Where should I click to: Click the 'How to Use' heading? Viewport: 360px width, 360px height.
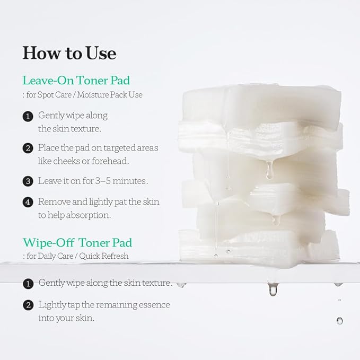coord(69,53)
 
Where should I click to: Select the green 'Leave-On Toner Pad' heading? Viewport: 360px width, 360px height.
coord(76,81)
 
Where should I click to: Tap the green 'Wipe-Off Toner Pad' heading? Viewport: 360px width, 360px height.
coord(77,243)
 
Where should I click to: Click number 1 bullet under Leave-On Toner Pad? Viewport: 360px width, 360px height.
coord(28,116)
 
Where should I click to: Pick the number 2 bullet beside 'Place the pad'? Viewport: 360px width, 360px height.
coord(28,148)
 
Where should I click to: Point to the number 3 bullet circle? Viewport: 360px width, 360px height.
coord(28,181)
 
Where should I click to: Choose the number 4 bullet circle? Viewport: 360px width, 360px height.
coord(28,203)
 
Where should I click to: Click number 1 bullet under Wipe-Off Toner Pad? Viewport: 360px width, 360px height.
coord(28,284)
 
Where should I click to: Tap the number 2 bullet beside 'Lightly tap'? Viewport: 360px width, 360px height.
coord(28,305)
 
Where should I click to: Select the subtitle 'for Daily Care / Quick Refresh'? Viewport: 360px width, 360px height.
coord(77,256)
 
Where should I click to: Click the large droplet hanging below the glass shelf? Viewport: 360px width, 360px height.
coord(273,289)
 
